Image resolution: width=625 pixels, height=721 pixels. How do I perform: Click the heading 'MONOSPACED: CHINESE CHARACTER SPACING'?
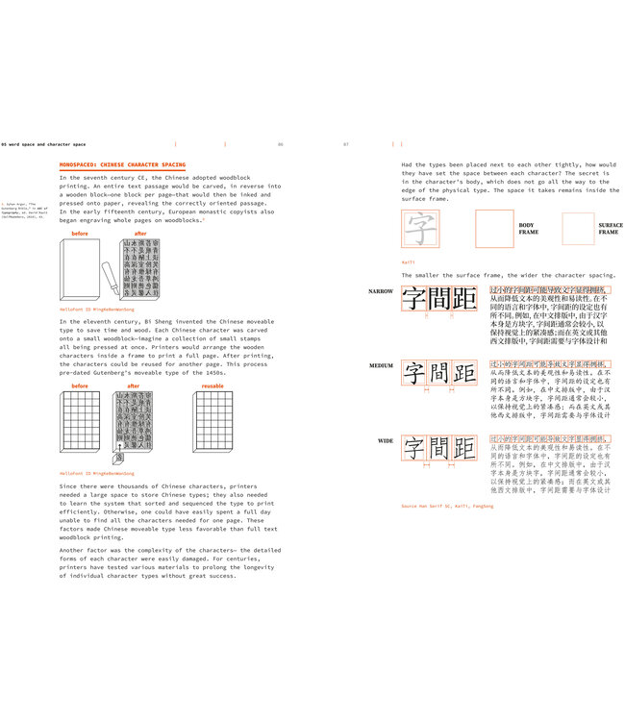click(x=122, y=164)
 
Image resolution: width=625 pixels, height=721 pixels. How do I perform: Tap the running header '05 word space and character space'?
click(x=43, y=143)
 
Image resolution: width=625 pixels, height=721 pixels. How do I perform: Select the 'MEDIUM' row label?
click(x=381, y=365)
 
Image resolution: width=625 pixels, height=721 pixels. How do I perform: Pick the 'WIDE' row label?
click(x=385, y=440)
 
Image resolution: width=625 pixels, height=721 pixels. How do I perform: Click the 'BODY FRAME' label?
click(x=529, y=228)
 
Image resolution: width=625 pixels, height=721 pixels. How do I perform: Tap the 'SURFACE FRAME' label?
click(x=610, y=228)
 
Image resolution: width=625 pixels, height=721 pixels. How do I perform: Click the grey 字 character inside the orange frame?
click(x=419, y=230)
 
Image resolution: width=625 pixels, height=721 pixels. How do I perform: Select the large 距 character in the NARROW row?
click(x=464, y=297)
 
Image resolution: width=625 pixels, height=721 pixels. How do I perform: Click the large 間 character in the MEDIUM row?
click(x=438, y=373)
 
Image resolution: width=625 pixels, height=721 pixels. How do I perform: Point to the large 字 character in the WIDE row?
click(x=412, y=448)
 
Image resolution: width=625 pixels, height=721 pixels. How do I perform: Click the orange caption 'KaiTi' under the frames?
click(x=408, y=261)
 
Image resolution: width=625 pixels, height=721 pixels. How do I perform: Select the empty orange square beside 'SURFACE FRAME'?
click(x=578, y=229)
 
